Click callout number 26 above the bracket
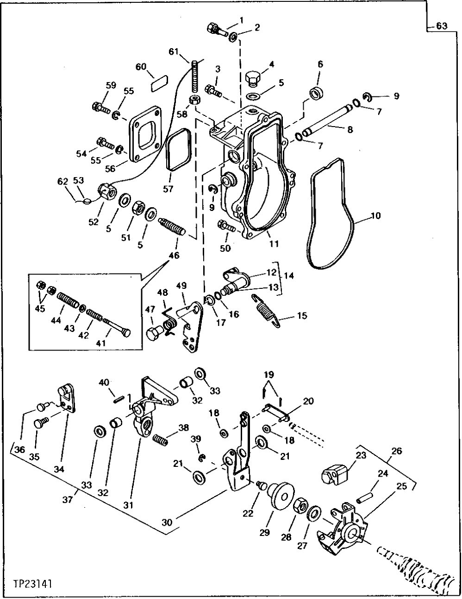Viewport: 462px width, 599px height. point(397,451)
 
